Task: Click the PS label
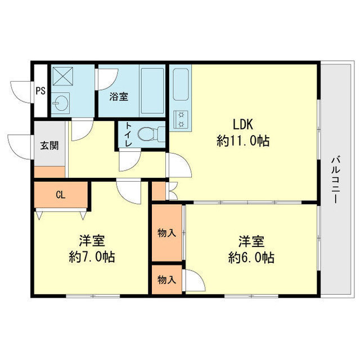point(40,91)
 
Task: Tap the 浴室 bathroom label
point(118,96)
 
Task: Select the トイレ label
point(129,135)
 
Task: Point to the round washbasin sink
point(60,103)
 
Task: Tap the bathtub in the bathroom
point(152,90)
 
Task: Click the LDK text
point(243,124)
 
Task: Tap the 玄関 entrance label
point(48,145)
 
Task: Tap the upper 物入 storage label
point(166,233)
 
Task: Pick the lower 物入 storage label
point(166,280)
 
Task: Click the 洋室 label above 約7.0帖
point(92,241)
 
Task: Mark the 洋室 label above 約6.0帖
point(251,241)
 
